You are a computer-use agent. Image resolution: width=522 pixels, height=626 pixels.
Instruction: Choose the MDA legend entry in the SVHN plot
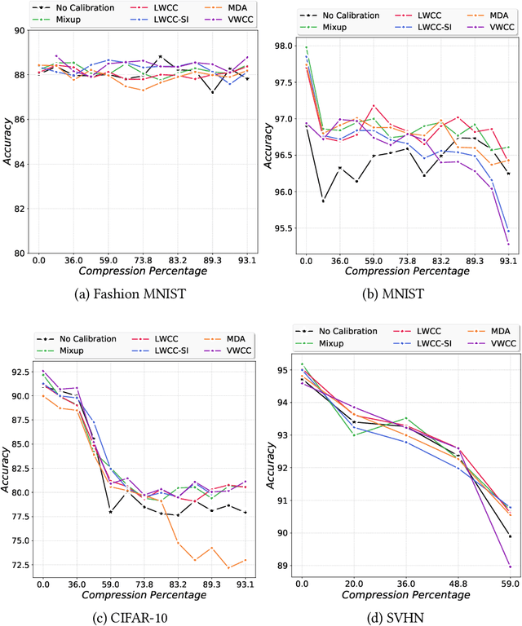click(484, 309)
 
